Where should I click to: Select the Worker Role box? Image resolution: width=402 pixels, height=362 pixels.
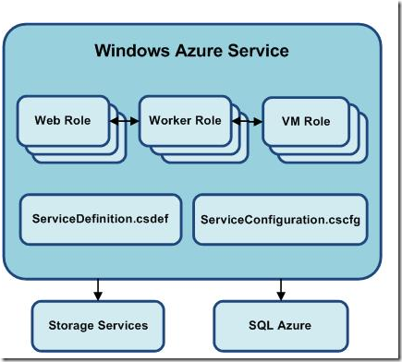[x=184, y=120]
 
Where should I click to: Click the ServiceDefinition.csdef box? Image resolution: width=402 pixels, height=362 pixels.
[x=97, y=219]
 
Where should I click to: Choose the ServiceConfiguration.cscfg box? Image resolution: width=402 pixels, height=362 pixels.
[x=280, y=220]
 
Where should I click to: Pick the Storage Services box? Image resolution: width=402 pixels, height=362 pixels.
[x=97, y=325]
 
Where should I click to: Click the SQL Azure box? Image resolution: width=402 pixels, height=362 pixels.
[x=280, y=325]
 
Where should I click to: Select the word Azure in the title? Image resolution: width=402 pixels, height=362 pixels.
[x=200, y=49]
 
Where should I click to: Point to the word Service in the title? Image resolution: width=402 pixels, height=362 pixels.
[x=259, y=49]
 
